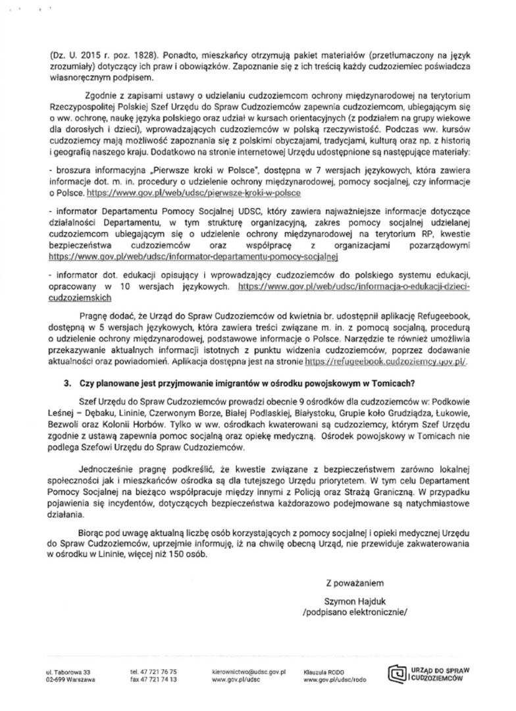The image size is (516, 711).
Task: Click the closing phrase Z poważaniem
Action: coord(353,583)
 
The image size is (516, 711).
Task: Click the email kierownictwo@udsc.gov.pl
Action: coord(247,671)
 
